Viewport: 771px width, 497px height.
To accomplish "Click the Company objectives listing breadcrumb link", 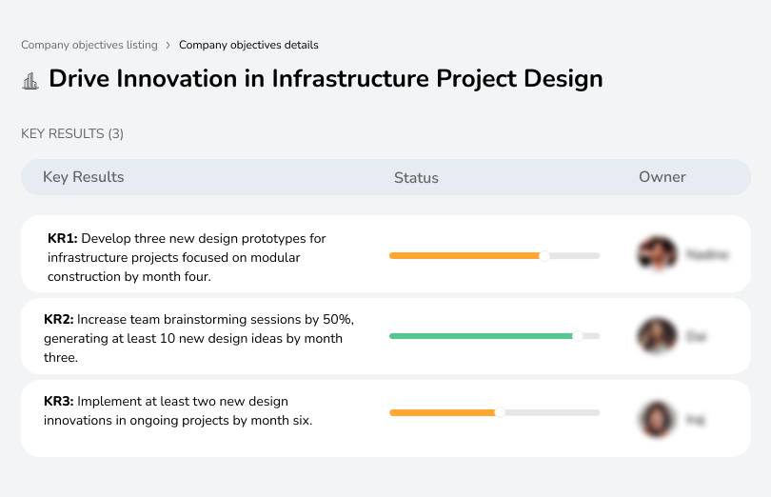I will click(x=89, y=45).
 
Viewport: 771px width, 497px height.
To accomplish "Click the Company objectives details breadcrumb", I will click(x=248, y=45).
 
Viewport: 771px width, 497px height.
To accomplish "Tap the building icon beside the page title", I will click(x=30, y=80).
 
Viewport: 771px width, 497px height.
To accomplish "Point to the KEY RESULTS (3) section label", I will click(x=72, y=134).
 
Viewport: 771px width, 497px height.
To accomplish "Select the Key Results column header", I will click(x=83, y=177).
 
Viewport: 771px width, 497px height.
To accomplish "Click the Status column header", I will click(x=416, y=178).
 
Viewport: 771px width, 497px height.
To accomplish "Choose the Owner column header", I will click(x=662, y=177).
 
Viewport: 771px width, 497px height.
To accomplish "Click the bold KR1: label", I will click(x=62, y=239).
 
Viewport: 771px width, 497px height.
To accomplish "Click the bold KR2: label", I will click(x=59, y=320).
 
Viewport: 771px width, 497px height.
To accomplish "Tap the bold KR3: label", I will click(x=59, y=402).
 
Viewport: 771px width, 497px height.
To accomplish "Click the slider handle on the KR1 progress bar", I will click(x=544, y=255).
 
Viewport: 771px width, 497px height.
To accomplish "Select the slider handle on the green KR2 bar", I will click(x=577, y=336).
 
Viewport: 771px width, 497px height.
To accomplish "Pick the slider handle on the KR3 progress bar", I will click(x=499, y=412).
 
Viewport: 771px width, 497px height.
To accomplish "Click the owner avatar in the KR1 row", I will click(x=657, y=254).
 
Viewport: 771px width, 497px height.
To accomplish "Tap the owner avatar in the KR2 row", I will click(x=657, y=336).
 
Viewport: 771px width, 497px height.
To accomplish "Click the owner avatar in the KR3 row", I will click(x=657, y=418).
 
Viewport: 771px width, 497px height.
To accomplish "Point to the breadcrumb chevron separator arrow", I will click(x=168, y=45).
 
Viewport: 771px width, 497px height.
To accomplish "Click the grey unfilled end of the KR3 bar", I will click(x=552, y=412).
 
